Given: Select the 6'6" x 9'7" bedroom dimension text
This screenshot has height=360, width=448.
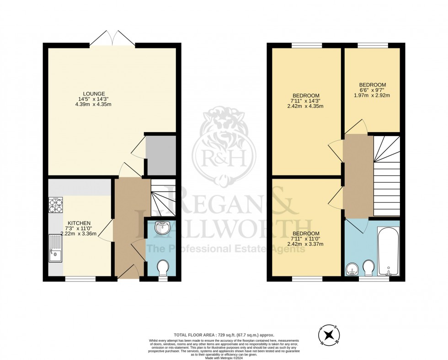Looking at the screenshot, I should coord(372,90).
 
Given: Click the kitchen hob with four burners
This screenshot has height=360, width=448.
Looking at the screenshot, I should coord(56,206).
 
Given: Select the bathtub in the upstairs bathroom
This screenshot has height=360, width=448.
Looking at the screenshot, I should coord(389,251).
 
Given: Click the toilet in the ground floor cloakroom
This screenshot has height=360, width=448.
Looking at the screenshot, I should coord(163,267).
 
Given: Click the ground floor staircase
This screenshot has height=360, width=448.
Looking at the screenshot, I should coord(163,198).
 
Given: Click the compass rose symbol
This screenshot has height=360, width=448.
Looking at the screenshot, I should coord(327,335).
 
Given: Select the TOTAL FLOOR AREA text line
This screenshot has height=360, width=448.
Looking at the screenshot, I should coord(224,335).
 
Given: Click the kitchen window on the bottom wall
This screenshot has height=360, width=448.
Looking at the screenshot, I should coord(80,278).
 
